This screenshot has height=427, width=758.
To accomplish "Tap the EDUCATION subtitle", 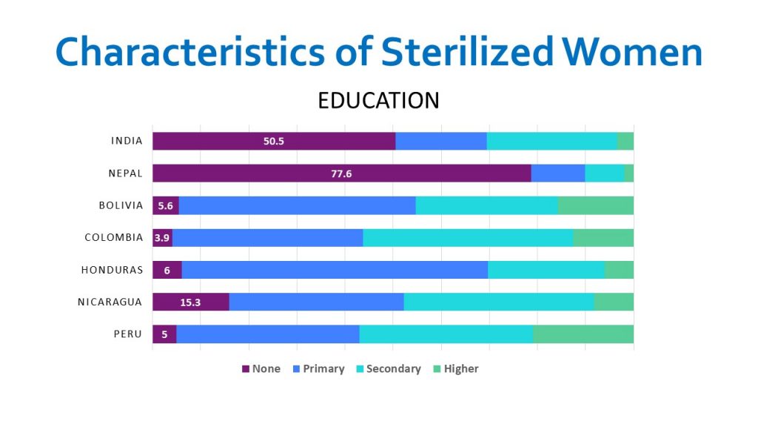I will tap(378, 100).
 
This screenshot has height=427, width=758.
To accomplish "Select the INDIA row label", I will tap(127, 141).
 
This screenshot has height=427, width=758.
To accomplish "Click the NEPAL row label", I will tap(125, 173).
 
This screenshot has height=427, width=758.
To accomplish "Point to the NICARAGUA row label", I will tap(110, 302).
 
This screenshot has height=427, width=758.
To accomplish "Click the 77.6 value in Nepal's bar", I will tap(342, 173).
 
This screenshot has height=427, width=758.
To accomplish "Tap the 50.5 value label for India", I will tap(274, 141).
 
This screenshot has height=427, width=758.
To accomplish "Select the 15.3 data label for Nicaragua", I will tap(191, 302).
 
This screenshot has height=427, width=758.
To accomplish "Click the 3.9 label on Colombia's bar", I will tap(162, 238).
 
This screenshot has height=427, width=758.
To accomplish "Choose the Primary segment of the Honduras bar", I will tap(335, 270).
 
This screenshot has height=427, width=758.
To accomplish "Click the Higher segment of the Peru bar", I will tap(583, 334).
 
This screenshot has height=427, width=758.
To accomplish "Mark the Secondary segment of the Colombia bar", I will tap(468, 238).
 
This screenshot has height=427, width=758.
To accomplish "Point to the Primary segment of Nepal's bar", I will tap(558, 173).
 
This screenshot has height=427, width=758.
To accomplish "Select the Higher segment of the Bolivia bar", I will tap(595, 205).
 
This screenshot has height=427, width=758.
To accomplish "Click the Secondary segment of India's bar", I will tap(552, 141).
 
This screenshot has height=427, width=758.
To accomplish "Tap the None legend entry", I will tap(261, 368).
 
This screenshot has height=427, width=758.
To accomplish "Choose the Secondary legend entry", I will tap(388, 368).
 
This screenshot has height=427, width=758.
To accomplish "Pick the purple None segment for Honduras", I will tap(167, 270).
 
